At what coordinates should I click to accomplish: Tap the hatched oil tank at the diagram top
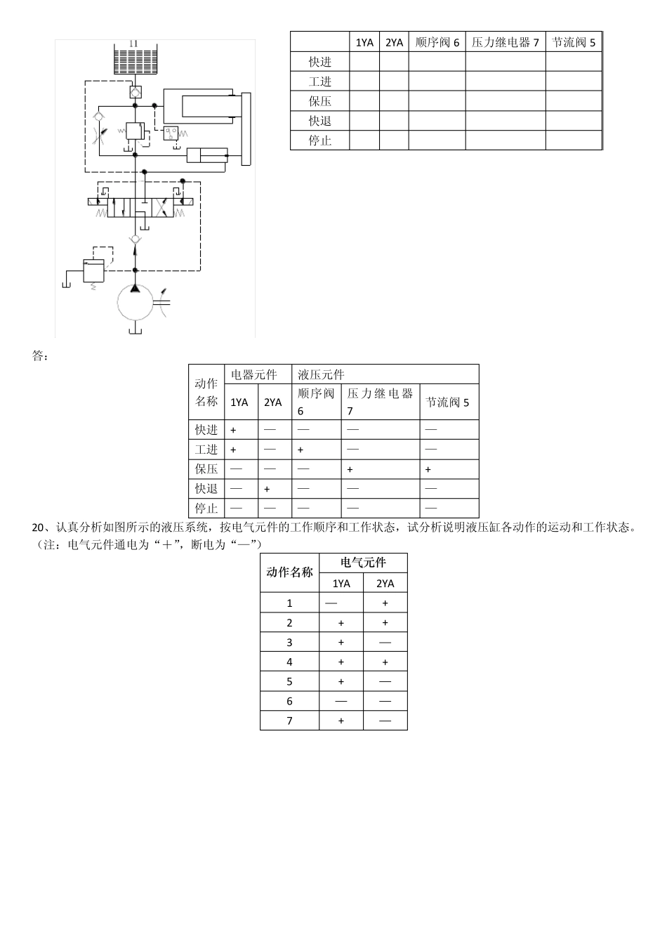click(x=136, y=60)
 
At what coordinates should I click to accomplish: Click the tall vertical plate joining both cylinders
click(x=246, y=129)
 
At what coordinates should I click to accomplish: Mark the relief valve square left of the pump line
click(x=93, y=270)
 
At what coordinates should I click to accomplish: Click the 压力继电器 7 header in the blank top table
click(x=505, y=42)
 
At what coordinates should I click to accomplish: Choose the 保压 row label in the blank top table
click(x=319, y=101)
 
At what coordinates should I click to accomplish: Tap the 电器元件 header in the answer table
click(x=254, y=374)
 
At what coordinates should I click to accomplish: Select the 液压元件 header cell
click(x=321, y=374)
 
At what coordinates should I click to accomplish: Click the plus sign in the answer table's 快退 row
click(x=267, y=489)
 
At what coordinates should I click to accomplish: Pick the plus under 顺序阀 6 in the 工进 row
click(x=301, y=450)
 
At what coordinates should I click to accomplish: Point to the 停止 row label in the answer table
click(x=206, y=509)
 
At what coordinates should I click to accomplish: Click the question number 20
click(x=39, y=527)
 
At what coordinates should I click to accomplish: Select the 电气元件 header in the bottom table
click(x=363, y=563)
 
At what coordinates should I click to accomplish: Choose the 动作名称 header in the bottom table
click(x=289, y=572)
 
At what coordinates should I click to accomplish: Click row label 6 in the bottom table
click(x=289, y=701)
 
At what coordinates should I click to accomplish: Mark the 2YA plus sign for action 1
click(x=385, y=603)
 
